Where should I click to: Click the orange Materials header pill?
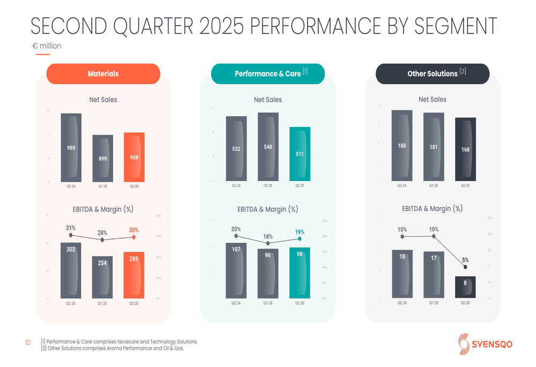103,74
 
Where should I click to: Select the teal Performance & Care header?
267,74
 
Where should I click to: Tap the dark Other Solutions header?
432,74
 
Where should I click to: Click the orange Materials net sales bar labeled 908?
134,157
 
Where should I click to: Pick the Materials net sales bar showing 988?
71,147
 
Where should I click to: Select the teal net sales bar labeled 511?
300,154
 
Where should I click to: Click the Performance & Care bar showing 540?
268,147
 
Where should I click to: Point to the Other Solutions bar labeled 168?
465,149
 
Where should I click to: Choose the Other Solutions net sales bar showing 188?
401,146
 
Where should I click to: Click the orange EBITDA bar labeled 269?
134,275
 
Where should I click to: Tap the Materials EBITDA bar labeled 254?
102,277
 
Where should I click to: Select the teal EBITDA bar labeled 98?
300,273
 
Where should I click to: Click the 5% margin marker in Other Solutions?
465,267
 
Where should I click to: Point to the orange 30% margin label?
133,230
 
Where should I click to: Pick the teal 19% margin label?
300,232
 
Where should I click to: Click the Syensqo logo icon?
464,343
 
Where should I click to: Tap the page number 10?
28,342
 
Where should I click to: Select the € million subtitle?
47,46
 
